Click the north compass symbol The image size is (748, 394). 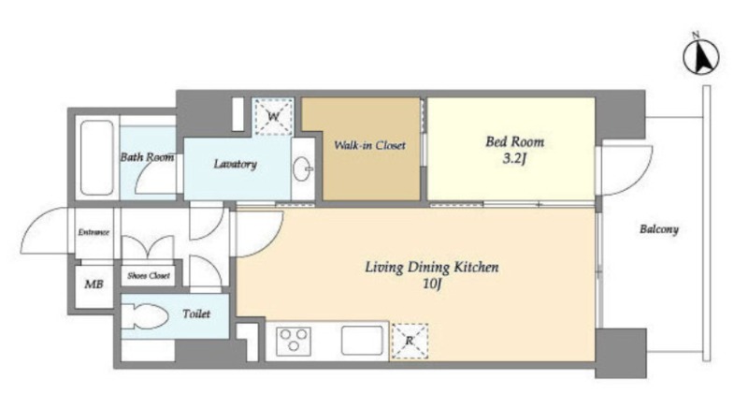700,57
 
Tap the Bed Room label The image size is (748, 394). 515,142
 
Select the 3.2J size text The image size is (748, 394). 514,158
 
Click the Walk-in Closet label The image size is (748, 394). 369,145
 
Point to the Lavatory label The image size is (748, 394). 236,165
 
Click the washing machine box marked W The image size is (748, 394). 273,117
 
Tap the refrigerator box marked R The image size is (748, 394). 410,341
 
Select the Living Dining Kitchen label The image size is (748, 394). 432,267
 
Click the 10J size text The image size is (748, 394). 432,285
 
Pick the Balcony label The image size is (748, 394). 659,229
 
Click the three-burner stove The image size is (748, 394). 294,341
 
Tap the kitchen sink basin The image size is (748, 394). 362,341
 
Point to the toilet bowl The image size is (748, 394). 145,316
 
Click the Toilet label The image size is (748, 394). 196,314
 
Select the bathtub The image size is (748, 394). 97,158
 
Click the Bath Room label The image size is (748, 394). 147,157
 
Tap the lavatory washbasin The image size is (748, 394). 302,168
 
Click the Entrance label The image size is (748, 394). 93,233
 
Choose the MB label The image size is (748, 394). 93,285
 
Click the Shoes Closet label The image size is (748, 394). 149,276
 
